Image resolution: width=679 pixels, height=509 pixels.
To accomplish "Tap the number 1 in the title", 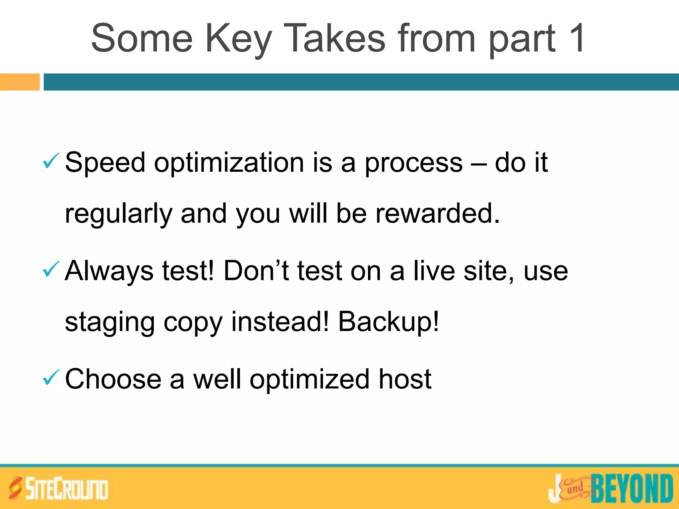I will point(576,38).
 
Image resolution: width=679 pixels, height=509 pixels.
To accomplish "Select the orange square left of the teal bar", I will point(20,82).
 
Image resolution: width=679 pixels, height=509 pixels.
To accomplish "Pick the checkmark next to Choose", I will point(51,377).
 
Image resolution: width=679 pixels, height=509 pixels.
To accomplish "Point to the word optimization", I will point(229,162).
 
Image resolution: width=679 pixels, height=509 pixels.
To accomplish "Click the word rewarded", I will point(437,213).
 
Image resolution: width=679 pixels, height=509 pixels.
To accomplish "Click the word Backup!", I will point(388,321).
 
